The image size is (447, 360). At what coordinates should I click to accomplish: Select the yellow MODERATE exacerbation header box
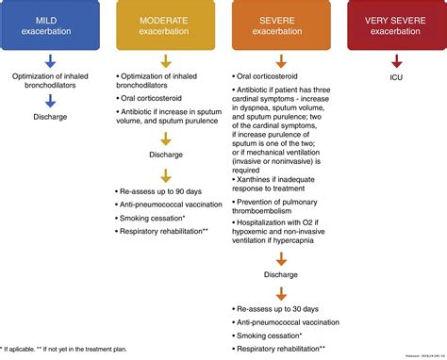click(x=166, y=25)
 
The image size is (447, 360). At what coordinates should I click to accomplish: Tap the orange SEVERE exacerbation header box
click(x=280, y=25)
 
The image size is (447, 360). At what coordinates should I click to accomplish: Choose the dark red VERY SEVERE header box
click(x=396, y=25)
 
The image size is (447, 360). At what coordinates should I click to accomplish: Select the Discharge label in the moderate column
click(x=167, y=154)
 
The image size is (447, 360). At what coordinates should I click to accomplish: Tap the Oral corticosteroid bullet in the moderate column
click(x=157, y=96)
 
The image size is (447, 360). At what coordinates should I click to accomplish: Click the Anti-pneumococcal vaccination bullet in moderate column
click(x=169, y=205)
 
